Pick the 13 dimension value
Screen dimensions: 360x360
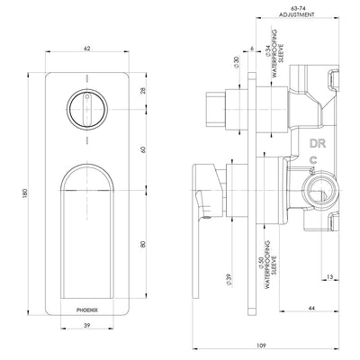(x=332, y=279)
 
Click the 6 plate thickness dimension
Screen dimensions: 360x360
(x=254, y=50)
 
